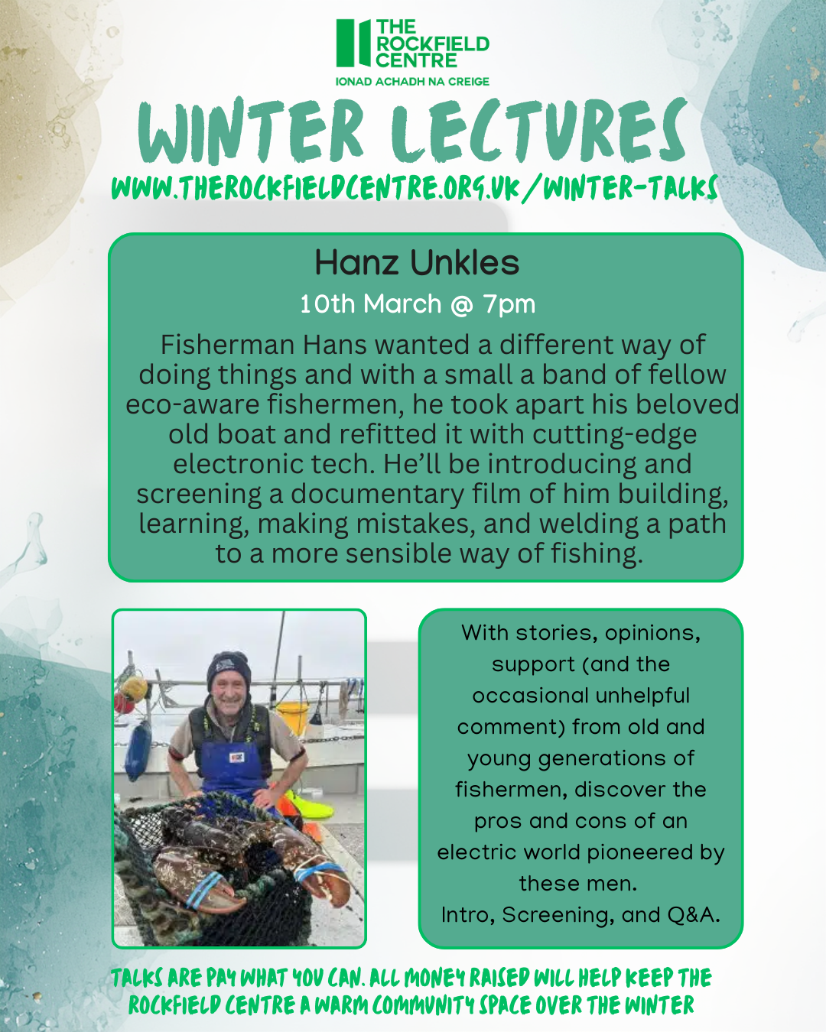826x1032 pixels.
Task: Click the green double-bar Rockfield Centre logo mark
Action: click(x=352, y=44)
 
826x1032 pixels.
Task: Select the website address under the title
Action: click(x=414, y=188)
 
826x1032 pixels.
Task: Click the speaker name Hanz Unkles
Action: click(x=417, y=263)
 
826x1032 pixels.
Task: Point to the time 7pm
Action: click(x=509, y=304)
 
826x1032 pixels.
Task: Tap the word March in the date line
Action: click(x=402, y=304)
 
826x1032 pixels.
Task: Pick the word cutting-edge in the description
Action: click(x=615, y=434)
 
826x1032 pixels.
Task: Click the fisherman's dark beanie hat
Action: click(x=229, y=667)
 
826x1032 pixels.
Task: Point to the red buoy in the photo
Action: click(x=123, y=702)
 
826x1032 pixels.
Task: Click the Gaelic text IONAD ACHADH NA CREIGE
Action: click(x=412, y=82)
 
